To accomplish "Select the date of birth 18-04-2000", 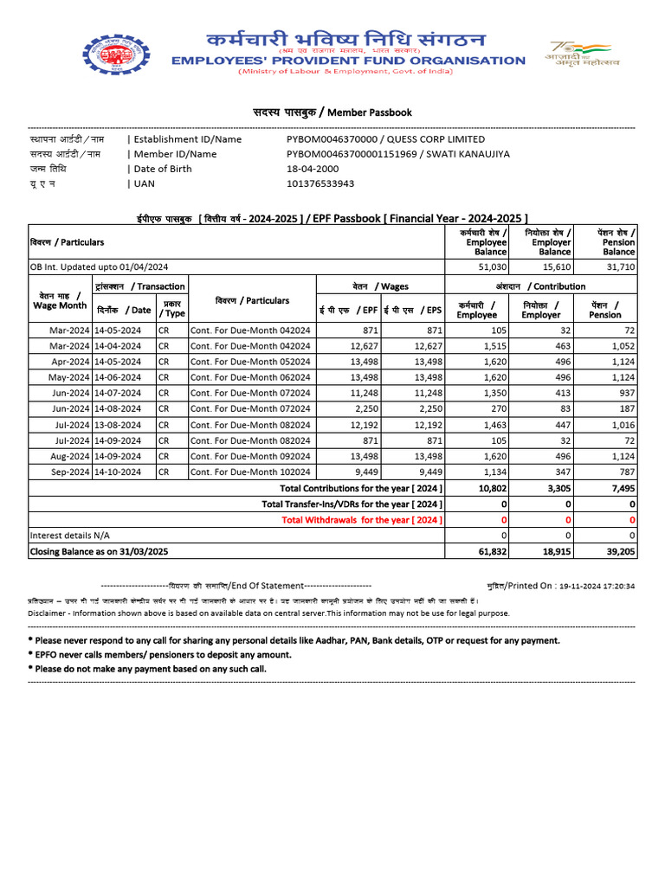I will point(313,169).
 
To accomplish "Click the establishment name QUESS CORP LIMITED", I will point(436,139).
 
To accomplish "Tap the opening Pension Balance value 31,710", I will point(621,267).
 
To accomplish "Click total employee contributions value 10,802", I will point(491,488).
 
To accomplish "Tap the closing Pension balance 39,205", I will point(620,551).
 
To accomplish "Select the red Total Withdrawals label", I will point(362,519).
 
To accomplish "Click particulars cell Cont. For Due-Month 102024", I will point(250,472).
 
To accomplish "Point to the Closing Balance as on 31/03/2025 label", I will point(99,551).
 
